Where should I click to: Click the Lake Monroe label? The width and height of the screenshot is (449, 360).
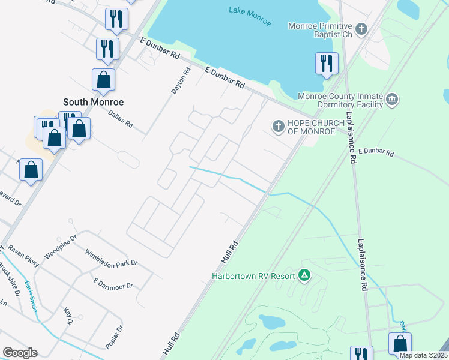pos(250,17)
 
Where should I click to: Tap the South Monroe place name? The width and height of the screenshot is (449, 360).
pos(93,102)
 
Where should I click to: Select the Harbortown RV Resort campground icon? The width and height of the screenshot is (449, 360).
pos(304,275)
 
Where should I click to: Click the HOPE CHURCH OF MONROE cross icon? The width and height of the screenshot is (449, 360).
pos(277,126)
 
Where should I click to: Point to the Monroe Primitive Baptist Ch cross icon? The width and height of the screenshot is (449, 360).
pos(361,28)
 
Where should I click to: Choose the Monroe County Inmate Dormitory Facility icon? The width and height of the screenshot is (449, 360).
pos(392,98)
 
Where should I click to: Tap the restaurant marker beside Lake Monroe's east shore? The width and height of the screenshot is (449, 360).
pos(327,64)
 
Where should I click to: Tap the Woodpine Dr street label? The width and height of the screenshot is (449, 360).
pos(61,247)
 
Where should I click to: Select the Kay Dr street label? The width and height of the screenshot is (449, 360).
pos(68,317)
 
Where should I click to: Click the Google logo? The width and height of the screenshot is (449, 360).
pos(20,353)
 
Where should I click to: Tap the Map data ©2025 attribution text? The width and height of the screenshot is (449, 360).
pos(423,355)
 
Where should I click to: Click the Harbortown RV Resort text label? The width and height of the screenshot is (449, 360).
pos(253,276)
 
